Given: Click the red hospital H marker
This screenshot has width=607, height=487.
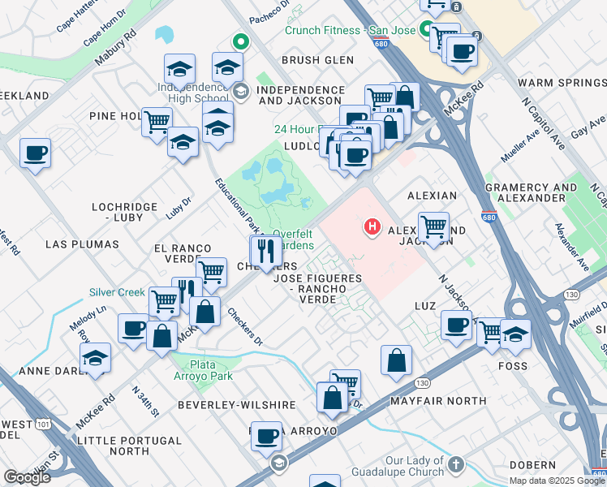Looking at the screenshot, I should tap(372, 226).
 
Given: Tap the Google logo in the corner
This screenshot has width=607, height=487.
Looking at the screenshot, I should tap(27, 476).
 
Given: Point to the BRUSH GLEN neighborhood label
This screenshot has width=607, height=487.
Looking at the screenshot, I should tap(317, 60).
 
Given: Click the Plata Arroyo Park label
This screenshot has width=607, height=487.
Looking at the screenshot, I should tap(202, 369).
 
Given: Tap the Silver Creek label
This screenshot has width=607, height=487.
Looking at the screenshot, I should tap(117, 292).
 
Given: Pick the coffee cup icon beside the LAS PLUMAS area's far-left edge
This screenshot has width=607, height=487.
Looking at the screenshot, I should tap(36, 153).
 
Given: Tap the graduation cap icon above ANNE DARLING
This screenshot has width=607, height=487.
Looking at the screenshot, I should tap(96, 357).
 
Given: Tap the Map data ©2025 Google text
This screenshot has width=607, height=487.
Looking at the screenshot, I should tap(556, 481).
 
